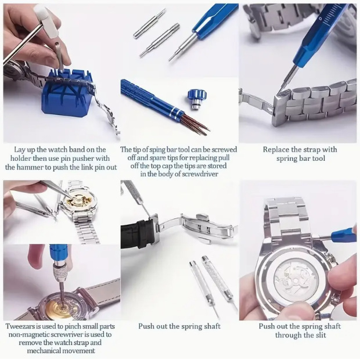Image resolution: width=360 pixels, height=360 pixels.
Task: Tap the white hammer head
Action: click(46, 21)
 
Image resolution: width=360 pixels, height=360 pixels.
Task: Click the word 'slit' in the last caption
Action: click(321, 335)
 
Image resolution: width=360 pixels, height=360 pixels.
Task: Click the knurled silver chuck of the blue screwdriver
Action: click(60, 273)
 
